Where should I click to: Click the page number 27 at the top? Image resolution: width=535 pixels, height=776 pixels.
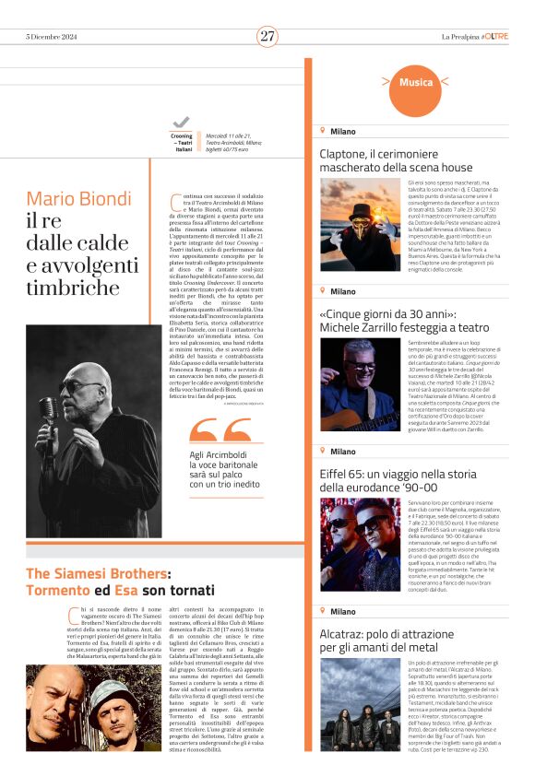click(x=267, y=36)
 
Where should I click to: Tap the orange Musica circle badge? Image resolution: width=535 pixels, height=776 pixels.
click(x=415, y=83)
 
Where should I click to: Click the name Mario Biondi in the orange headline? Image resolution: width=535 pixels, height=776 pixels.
click(x=79, y=199)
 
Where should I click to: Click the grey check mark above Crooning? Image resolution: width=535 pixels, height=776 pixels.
click(x=181, y=122)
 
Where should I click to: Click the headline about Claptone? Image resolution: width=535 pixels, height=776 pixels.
click(x=396, y=160)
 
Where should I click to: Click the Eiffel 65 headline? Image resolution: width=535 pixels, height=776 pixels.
click(x=396, y=479)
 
